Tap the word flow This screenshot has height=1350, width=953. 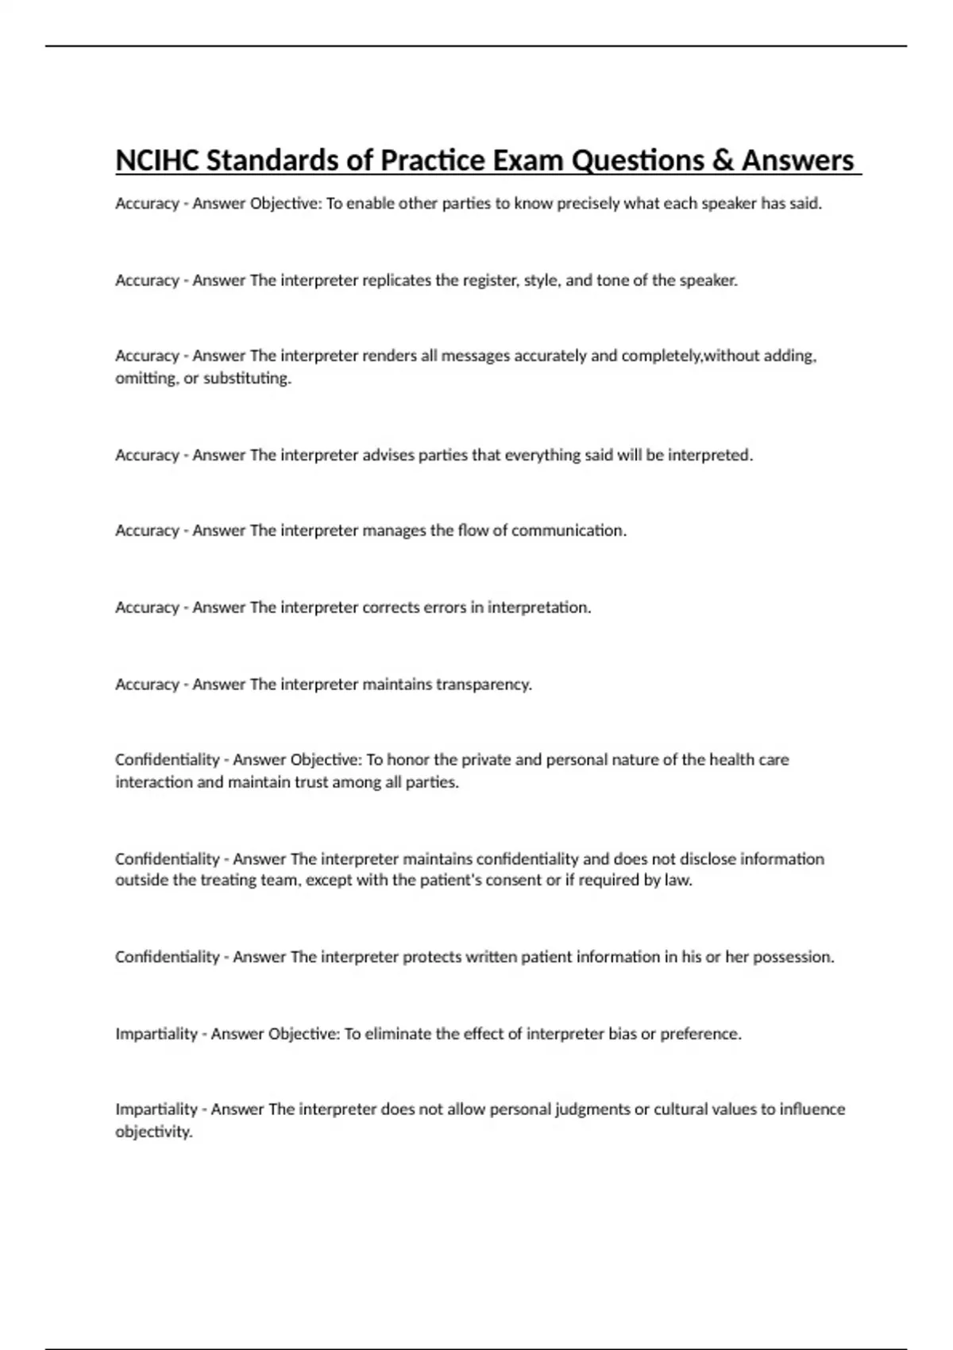coord(473,530)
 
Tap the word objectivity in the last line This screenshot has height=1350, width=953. coord(154,1132)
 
